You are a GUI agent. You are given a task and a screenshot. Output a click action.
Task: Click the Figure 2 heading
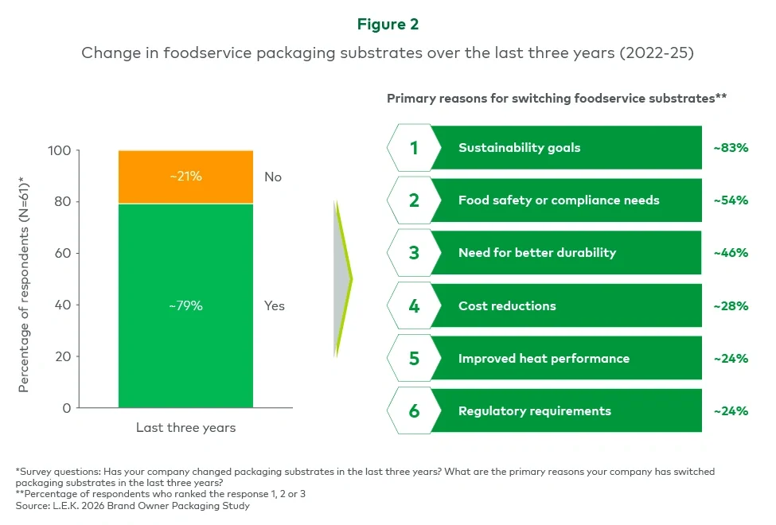(388, 25)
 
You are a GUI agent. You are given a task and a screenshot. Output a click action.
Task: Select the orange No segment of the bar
(185, 177)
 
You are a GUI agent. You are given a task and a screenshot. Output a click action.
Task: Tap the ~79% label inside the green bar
(185, 305)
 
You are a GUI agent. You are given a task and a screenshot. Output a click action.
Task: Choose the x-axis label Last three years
(185, 428)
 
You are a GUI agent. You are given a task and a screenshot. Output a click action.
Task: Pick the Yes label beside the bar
(275, 305)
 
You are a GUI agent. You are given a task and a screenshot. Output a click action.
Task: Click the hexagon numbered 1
(413, 147)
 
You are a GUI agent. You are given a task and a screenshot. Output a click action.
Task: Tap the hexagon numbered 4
(413, 305)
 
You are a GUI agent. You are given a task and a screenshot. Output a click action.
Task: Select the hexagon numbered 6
(413, 411)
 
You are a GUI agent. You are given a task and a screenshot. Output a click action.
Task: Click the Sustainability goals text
(519, 147)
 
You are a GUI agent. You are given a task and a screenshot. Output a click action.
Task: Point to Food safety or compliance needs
(559, 200)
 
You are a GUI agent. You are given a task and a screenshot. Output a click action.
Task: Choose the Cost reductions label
(507, 305)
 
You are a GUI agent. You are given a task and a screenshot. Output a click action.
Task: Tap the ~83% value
(730, 147)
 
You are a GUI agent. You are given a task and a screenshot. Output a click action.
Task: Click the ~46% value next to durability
(730, 253)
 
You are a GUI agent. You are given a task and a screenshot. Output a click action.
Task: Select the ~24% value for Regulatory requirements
(730, 411)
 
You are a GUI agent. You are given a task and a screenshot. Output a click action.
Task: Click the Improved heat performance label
(544, 358)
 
